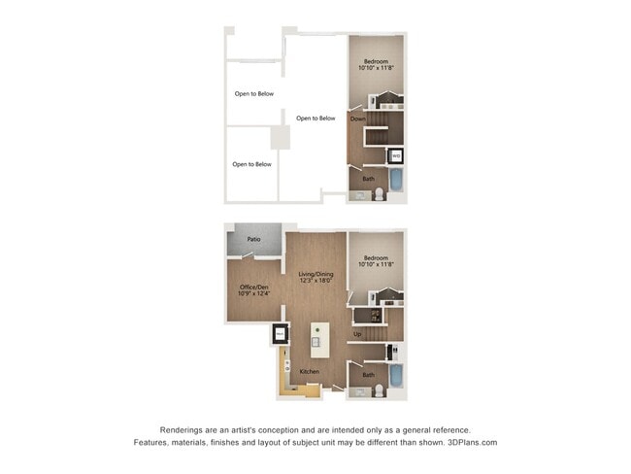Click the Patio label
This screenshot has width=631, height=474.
tap(253, 238)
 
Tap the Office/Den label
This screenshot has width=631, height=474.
tap(253, 287)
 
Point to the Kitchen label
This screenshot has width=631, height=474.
tap(310, 372)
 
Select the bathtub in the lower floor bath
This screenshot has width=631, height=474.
tap(396, 376)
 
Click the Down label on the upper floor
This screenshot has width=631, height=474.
tap(357, 118)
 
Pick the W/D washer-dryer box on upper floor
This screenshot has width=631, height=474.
tap(395, 155)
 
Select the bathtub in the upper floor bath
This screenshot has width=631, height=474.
tap(396, 180)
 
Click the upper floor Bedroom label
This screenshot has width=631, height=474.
tap(376, 62)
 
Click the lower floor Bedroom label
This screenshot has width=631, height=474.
tap(376, 257)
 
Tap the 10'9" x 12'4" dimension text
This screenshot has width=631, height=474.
tap(253, 293)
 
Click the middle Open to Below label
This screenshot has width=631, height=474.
tap(315, 118)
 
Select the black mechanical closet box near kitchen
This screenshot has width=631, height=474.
tap(279, 335)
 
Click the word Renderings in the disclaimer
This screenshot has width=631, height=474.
tap(183, 429)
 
